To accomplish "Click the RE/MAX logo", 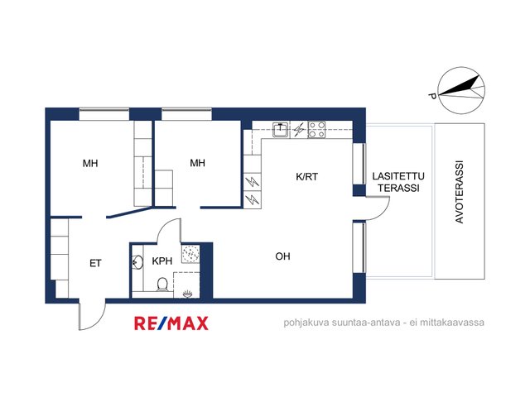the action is tap(171, 323).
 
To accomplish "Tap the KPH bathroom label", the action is tap(162, 261).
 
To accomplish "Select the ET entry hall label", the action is tap(95, 263).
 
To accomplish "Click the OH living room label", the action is tap(282, 256).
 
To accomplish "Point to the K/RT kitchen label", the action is tap(306, 176).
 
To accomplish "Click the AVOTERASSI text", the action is tap(459, 192).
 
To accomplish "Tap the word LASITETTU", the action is tap(398, 176).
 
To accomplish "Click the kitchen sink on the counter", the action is tap(281, 130).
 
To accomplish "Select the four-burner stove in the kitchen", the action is tap(316, 130).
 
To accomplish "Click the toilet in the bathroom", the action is tap(162, 285).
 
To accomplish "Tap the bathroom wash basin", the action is tap(137, 262).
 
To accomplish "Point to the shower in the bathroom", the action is tap(190, 254).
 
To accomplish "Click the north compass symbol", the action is tap(461, 90).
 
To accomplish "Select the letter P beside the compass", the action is tap(431, 96).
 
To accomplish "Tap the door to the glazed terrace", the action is tap(378, 208).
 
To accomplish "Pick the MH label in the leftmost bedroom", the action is tap(90, 164).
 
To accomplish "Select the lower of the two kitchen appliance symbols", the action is tap(252, 200).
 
